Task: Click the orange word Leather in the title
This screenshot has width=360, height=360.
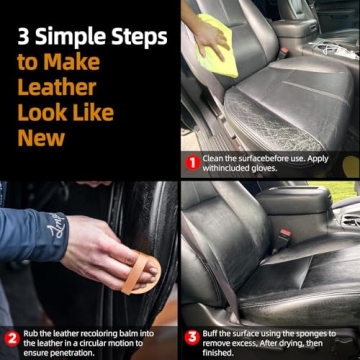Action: click(57, 85)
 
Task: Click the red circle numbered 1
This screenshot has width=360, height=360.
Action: click(192, 162)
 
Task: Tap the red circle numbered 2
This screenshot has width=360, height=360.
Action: click(11, 338)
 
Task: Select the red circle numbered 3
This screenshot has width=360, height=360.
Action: click(192, 338)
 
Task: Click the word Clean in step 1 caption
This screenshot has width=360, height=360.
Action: click(217, 157)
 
